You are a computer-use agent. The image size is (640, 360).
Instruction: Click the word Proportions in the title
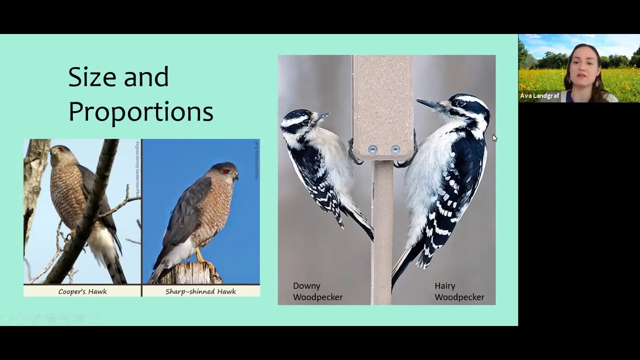[x=140, y=111]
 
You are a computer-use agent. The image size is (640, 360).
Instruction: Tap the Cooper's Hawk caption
[x=82, y=291]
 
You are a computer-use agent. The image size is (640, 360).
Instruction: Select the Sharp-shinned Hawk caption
[x=200, y=291]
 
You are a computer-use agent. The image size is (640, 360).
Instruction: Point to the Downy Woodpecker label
[x=317, y=291]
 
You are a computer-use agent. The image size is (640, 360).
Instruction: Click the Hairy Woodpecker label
[x=459, y=291]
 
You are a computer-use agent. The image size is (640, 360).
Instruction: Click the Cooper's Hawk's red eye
[x=61, y=149]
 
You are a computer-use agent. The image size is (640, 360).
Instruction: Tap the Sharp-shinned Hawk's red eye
[x=226, y=171]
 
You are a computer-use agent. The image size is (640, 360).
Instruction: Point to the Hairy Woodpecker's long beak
[x=428, y=104]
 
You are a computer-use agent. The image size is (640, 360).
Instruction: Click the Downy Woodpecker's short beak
[x=322, y=116]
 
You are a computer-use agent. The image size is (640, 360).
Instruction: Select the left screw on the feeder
[x=372, y=150]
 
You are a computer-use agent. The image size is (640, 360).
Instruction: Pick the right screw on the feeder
[x=395, y=150]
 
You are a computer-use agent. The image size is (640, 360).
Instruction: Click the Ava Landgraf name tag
[x=539, y=95]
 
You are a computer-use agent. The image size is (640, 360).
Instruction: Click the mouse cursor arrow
[x=494, y=137]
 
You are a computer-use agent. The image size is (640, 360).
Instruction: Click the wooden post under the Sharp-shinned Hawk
[x=190, y=273]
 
